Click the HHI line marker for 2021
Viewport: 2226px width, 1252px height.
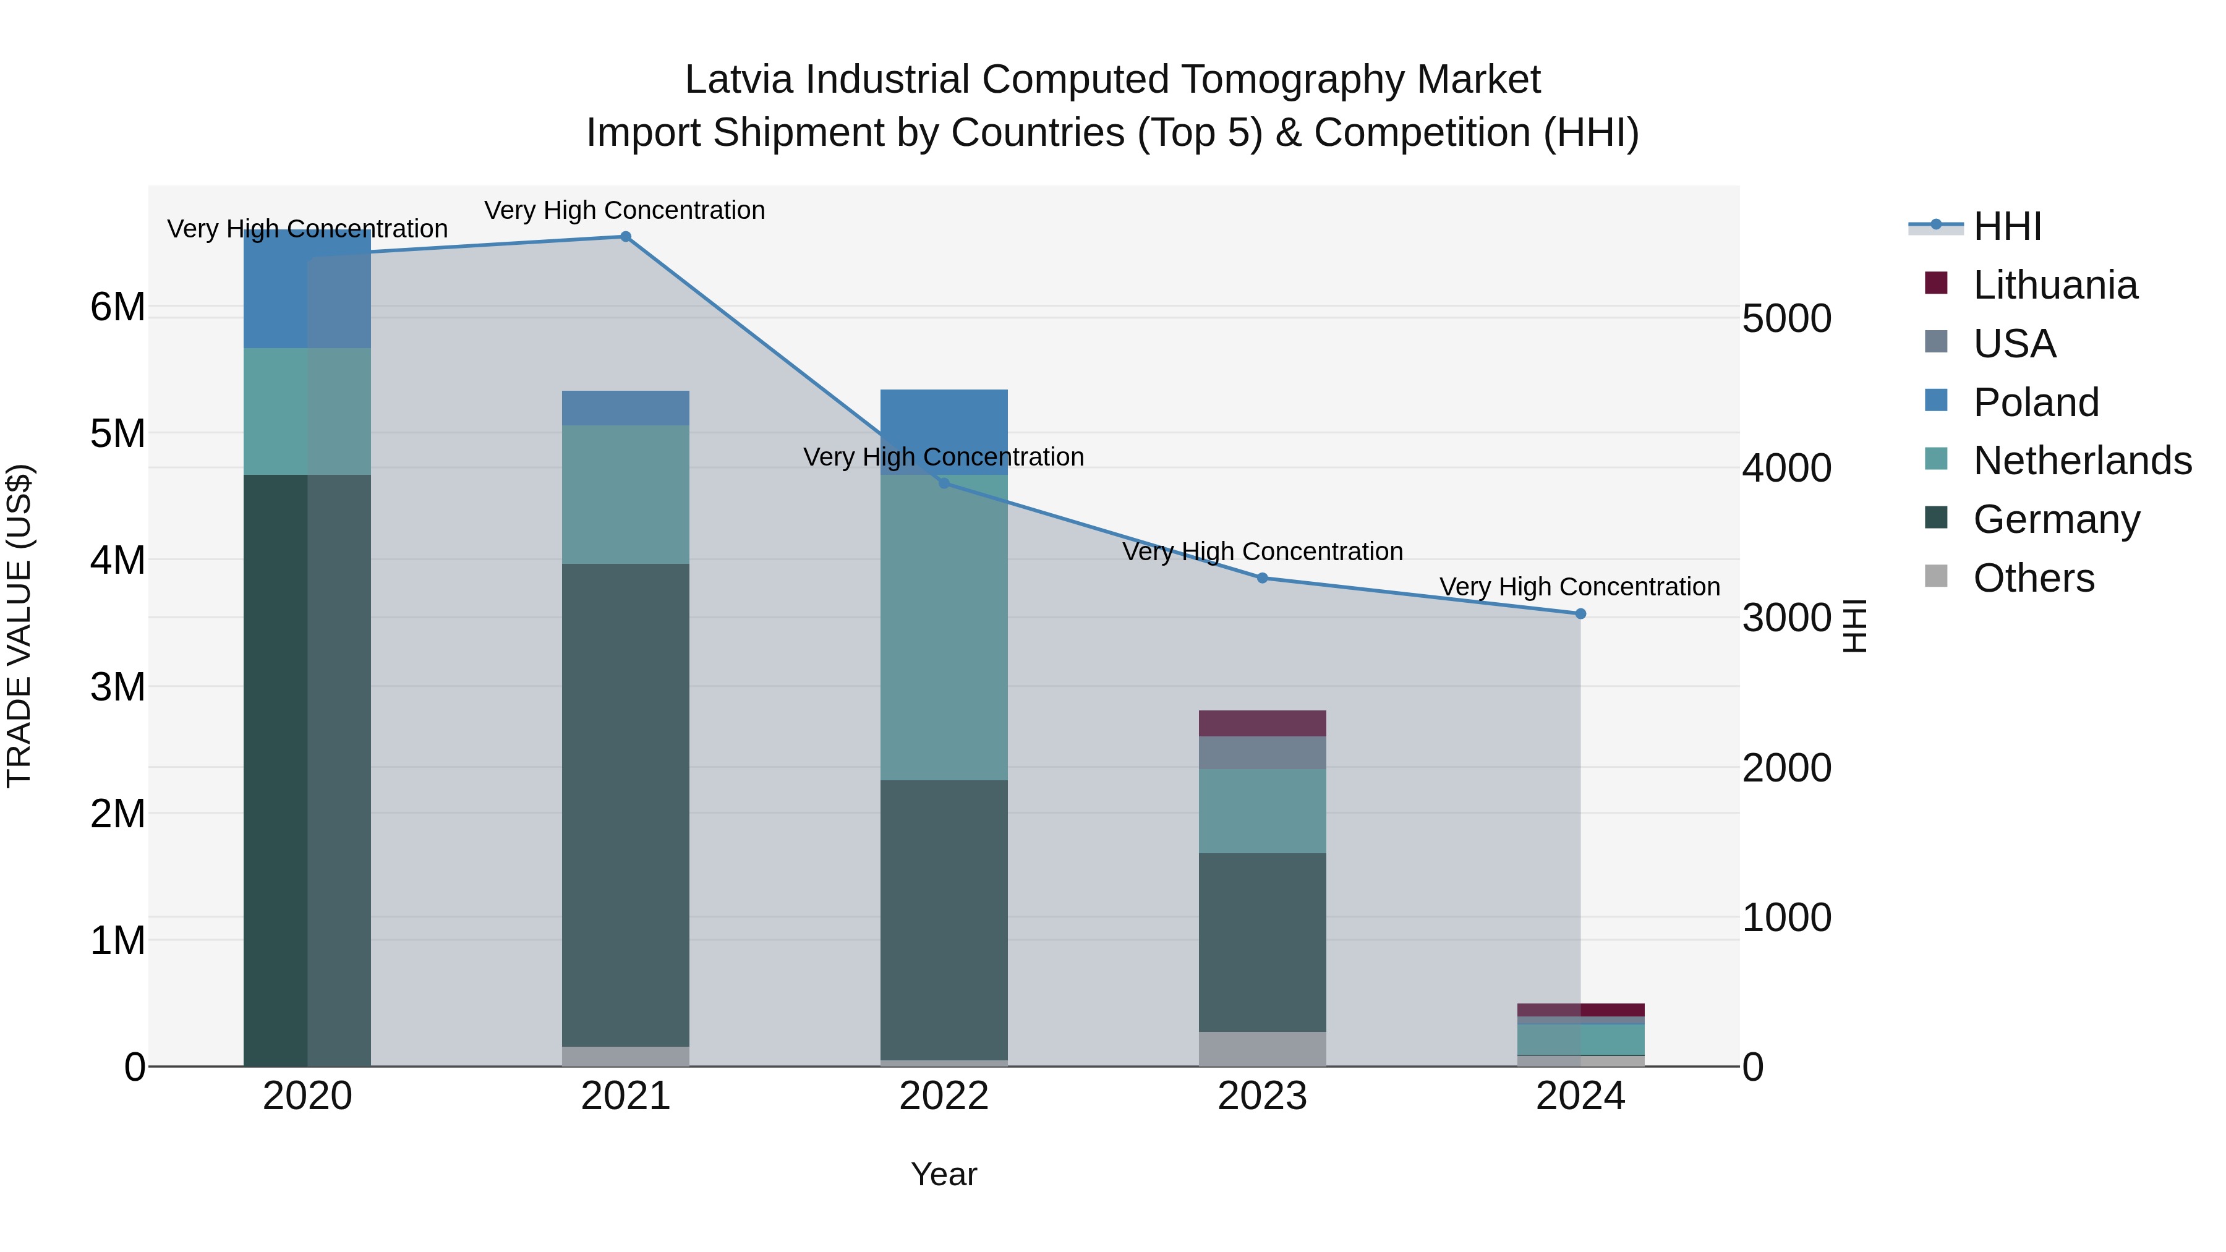click(626, 237)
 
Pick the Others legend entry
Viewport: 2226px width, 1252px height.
click(2033, 578)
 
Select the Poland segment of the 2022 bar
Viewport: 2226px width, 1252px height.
click(944, 424)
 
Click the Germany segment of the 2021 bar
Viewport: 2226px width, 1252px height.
click(626, 804)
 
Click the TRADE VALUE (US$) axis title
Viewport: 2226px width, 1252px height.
click(19, 626)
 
